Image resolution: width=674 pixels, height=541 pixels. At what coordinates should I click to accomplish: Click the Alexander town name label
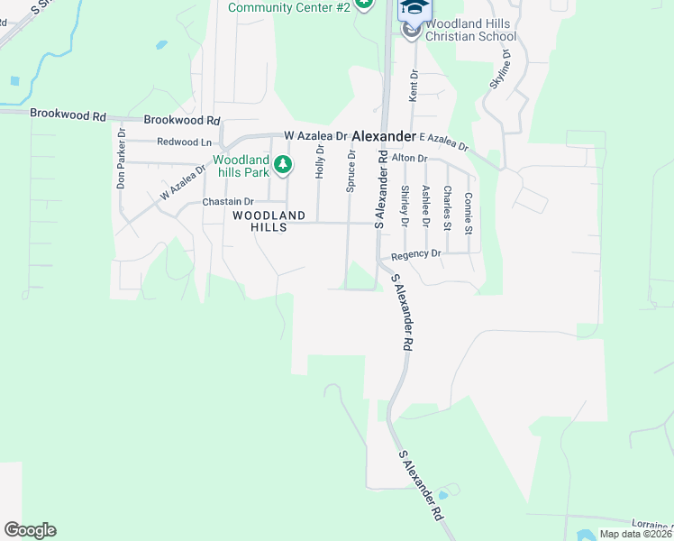click(383, 136)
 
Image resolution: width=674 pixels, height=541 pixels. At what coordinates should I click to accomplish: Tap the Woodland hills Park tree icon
click(283, 164)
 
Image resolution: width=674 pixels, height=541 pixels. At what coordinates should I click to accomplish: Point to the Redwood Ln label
click(184, 142)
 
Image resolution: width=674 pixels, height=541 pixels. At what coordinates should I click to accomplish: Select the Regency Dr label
click(416, 254)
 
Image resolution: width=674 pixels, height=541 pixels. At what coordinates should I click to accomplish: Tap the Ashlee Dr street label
click(425, 207)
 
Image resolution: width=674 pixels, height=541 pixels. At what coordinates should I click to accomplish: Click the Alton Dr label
click(408, 158)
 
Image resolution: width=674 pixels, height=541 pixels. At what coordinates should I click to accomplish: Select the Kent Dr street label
click(414, 85)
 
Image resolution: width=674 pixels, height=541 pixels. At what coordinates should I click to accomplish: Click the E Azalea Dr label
click(444, 142)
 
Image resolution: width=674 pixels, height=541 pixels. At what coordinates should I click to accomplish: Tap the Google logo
click(30, 530)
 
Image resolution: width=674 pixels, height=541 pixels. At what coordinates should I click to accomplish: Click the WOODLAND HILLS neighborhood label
click(260, 222)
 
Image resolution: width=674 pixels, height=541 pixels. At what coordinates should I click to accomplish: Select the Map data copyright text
click(636, 534)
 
